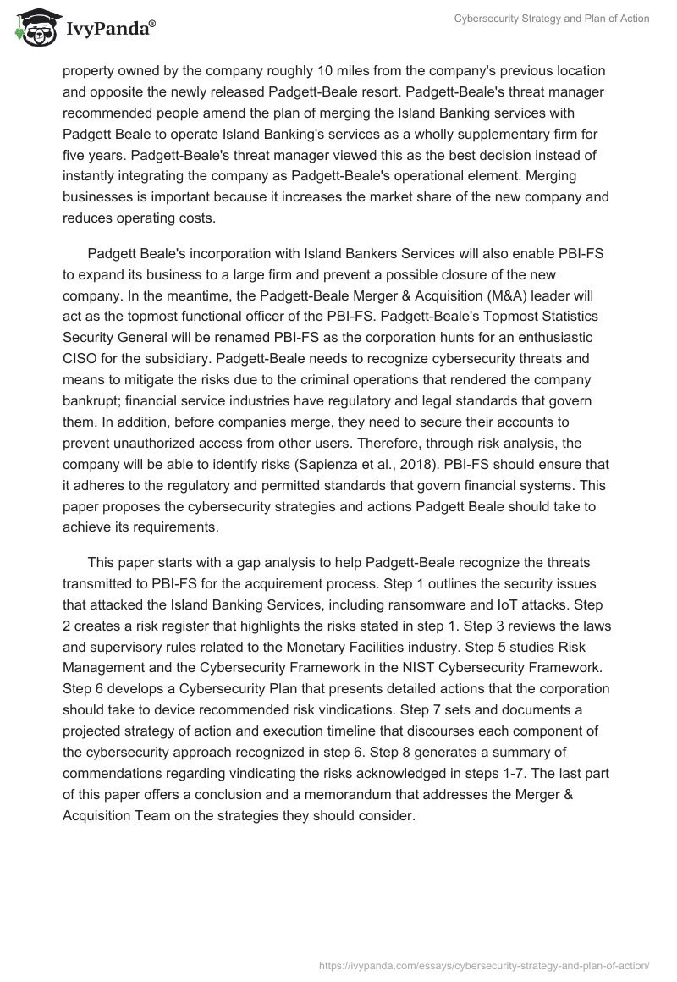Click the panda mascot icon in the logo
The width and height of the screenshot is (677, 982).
pos(33,29)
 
